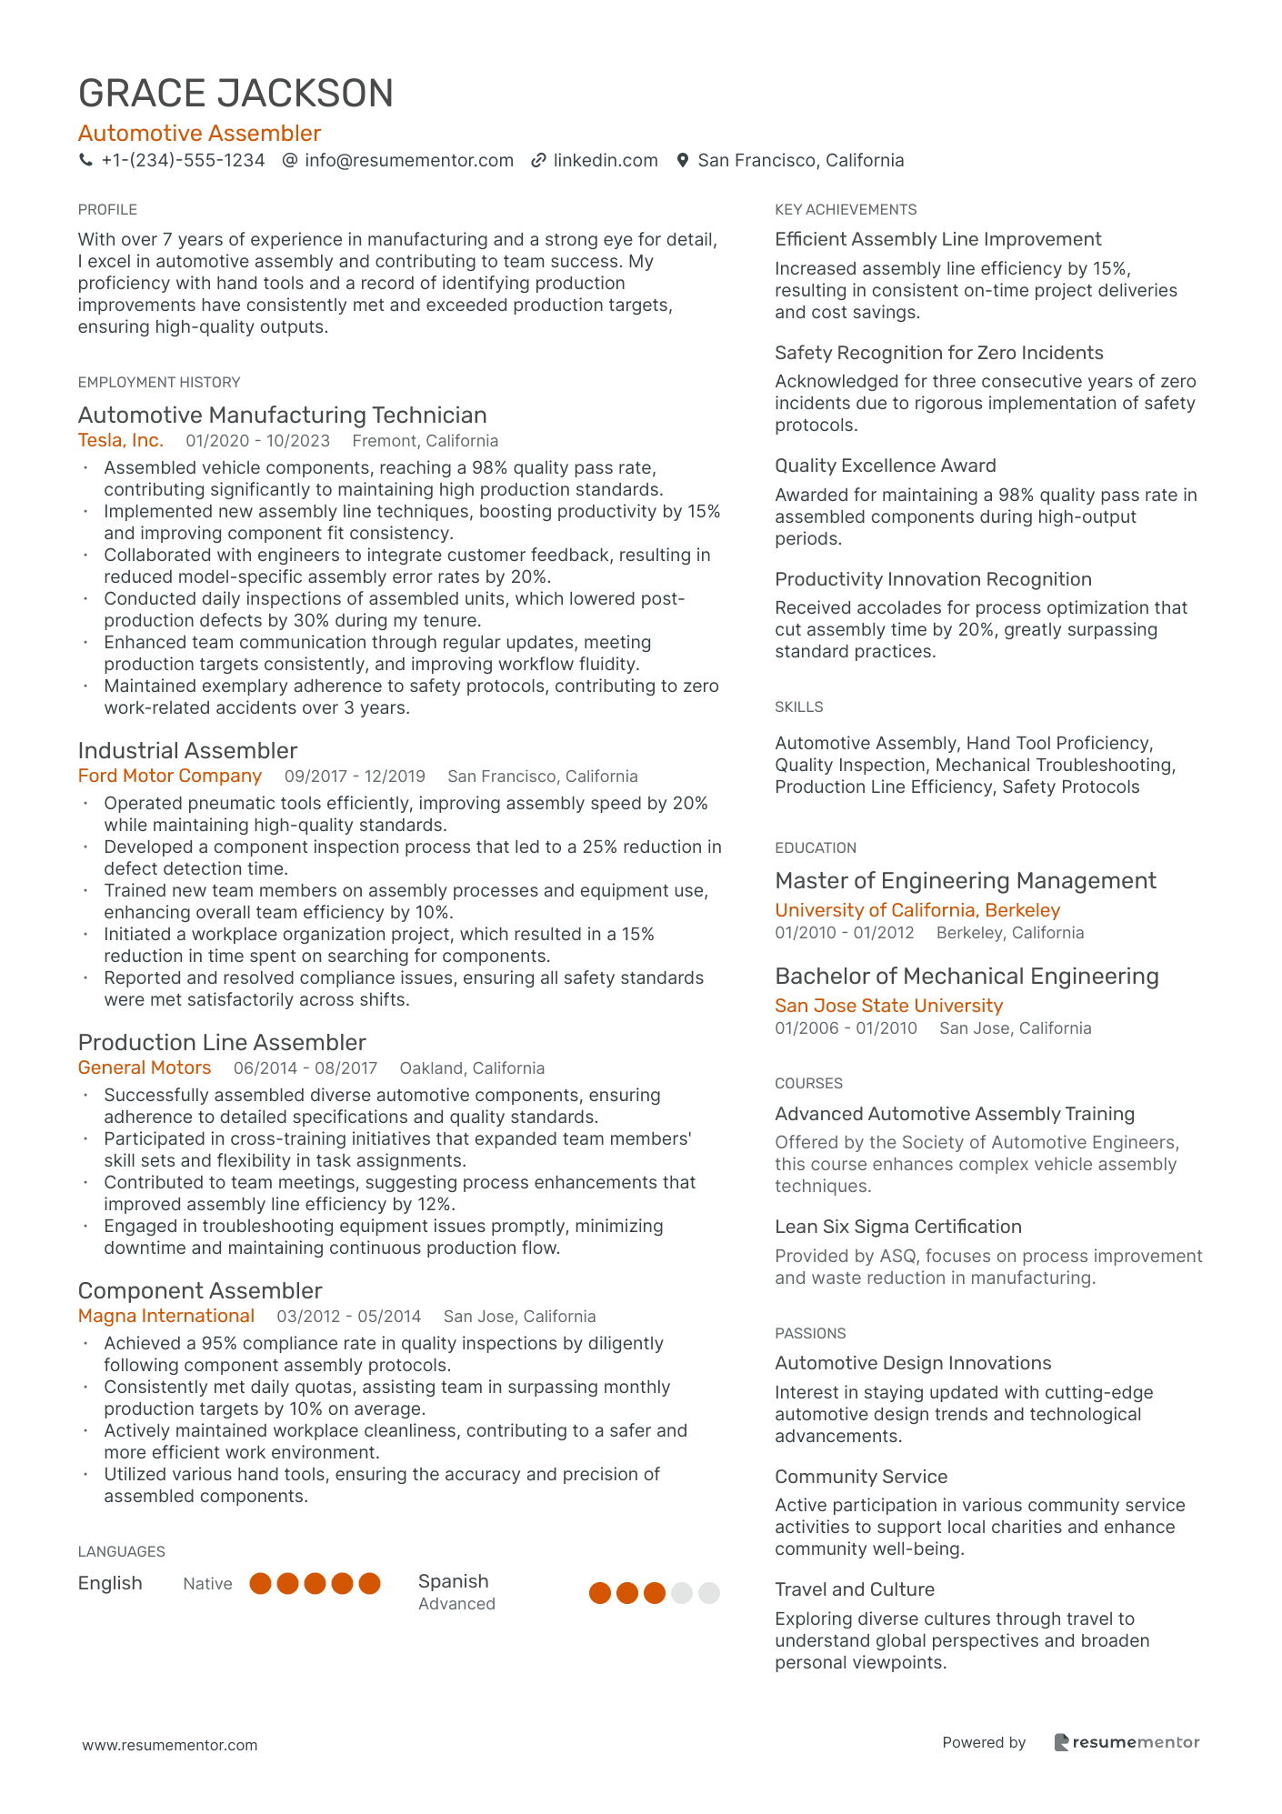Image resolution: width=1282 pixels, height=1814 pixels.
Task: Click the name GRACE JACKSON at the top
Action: (235, 94)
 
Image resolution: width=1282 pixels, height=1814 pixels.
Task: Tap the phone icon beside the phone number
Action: (86, 161)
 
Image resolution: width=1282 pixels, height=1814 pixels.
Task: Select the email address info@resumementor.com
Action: (409, 161)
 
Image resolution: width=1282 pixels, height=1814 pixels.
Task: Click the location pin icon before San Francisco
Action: (683, 161)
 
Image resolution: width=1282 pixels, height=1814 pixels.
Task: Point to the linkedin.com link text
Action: (606, 161)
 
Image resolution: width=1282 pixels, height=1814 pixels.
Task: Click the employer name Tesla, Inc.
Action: (121, 441)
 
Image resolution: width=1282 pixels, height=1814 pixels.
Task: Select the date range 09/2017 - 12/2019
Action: (355, 777)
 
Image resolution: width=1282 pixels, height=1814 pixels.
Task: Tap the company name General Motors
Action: (145, 1068)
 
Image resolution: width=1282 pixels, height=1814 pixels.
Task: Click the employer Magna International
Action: (166, 1317)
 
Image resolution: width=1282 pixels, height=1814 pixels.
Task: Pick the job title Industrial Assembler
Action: (187, 751)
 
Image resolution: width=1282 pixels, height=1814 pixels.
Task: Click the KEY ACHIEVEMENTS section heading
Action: (846, 210)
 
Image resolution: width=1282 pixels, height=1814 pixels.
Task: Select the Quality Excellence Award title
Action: (885, 466)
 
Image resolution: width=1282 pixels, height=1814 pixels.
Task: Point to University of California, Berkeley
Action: (917, 910)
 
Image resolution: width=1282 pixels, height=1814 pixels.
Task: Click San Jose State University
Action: (888, 1006)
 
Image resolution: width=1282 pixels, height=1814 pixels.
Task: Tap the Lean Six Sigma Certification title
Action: (897, 1227)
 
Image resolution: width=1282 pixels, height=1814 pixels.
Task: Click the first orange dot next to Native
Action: (261, 1584)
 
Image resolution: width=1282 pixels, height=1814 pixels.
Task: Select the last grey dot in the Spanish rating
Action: (709, 1593)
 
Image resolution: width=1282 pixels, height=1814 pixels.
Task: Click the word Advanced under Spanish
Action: (456, 1604)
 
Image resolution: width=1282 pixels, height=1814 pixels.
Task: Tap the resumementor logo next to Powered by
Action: (1127, 1742)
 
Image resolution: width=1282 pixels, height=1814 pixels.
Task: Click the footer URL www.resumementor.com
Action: (170, 1745)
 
